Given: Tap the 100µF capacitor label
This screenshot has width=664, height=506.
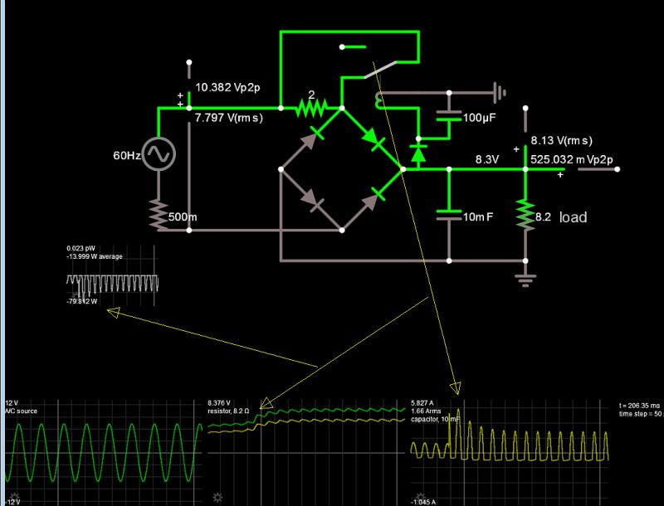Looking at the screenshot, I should click(479, 119).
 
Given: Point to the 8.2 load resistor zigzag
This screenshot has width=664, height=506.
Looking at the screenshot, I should click(524, 215).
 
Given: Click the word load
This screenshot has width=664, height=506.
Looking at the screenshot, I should click(573, 217).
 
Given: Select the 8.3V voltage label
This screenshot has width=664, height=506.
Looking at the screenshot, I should click(487, 158).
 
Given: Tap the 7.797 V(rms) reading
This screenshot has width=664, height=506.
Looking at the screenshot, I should click(228, 119).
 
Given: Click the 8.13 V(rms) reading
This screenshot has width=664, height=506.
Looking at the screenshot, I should click(562, 141).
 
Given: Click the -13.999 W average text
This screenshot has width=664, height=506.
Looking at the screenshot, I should click(95, 256).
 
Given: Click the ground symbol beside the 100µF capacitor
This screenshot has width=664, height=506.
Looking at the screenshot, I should click(499, 91).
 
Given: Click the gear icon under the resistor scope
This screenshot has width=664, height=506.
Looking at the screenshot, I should click(218, 497).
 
